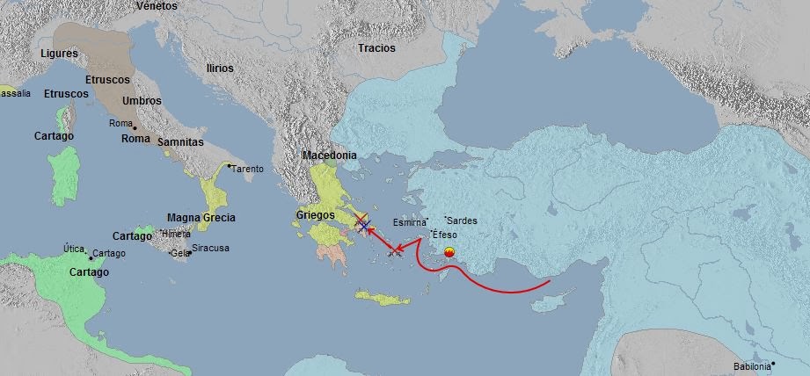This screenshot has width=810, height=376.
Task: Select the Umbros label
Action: point(142,101)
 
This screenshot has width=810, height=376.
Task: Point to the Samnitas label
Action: point(181,141)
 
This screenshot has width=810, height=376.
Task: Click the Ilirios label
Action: point(219,67)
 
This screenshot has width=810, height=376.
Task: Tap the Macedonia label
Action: point(329,155)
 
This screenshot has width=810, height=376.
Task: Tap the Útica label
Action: point(74,249)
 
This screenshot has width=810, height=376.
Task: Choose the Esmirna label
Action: point(409,222)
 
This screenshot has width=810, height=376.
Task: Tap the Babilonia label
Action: point(753,366)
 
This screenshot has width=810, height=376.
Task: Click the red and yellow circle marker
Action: point(449,254)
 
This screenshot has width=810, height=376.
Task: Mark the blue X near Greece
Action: point(364,226)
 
